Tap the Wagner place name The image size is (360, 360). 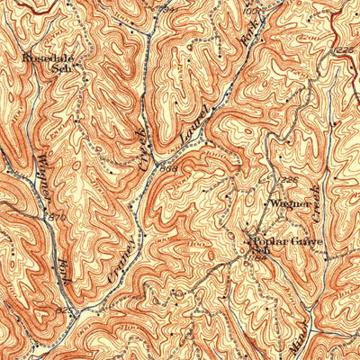[x=292, y=204]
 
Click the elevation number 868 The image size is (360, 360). [x=168, y=167]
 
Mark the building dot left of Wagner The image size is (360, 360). [x=265, y=202]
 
